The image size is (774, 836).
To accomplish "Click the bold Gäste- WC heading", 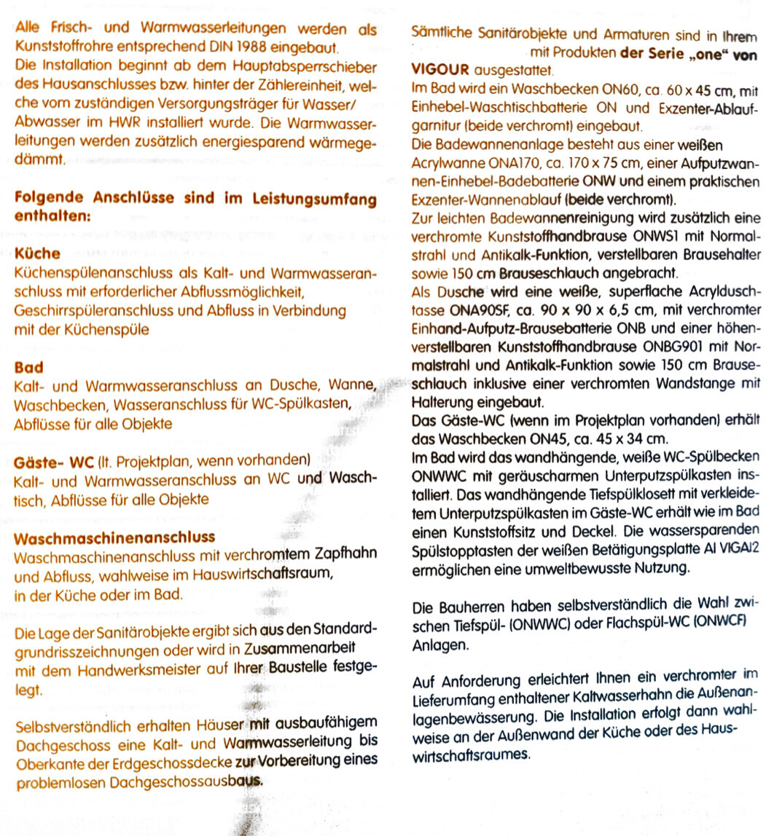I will [52, 462].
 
